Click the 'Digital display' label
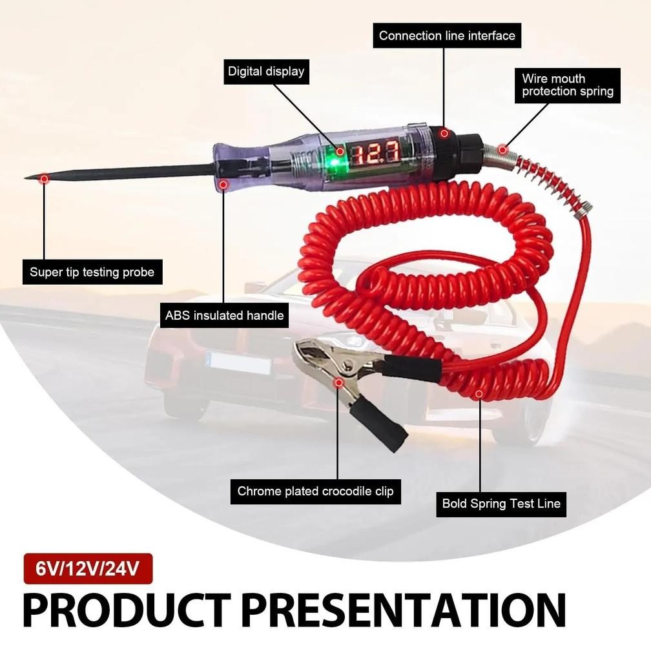(x=265, y=71)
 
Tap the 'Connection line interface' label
(x=447, y=36)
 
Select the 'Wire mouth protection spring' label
(x=568, y=85)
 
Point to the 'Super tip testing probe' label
(x=92, y=272)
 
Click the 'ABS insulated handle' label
(x=225, y=316)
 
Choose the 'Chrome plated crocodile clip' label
(x=315, y=491)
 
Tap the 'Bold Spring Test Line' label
(x=501, y=504)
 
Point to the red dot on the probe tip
(x=44, y=178)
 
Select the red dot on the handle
(x=223, y=185)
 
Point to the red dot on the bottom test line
(x=479, y=393)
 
